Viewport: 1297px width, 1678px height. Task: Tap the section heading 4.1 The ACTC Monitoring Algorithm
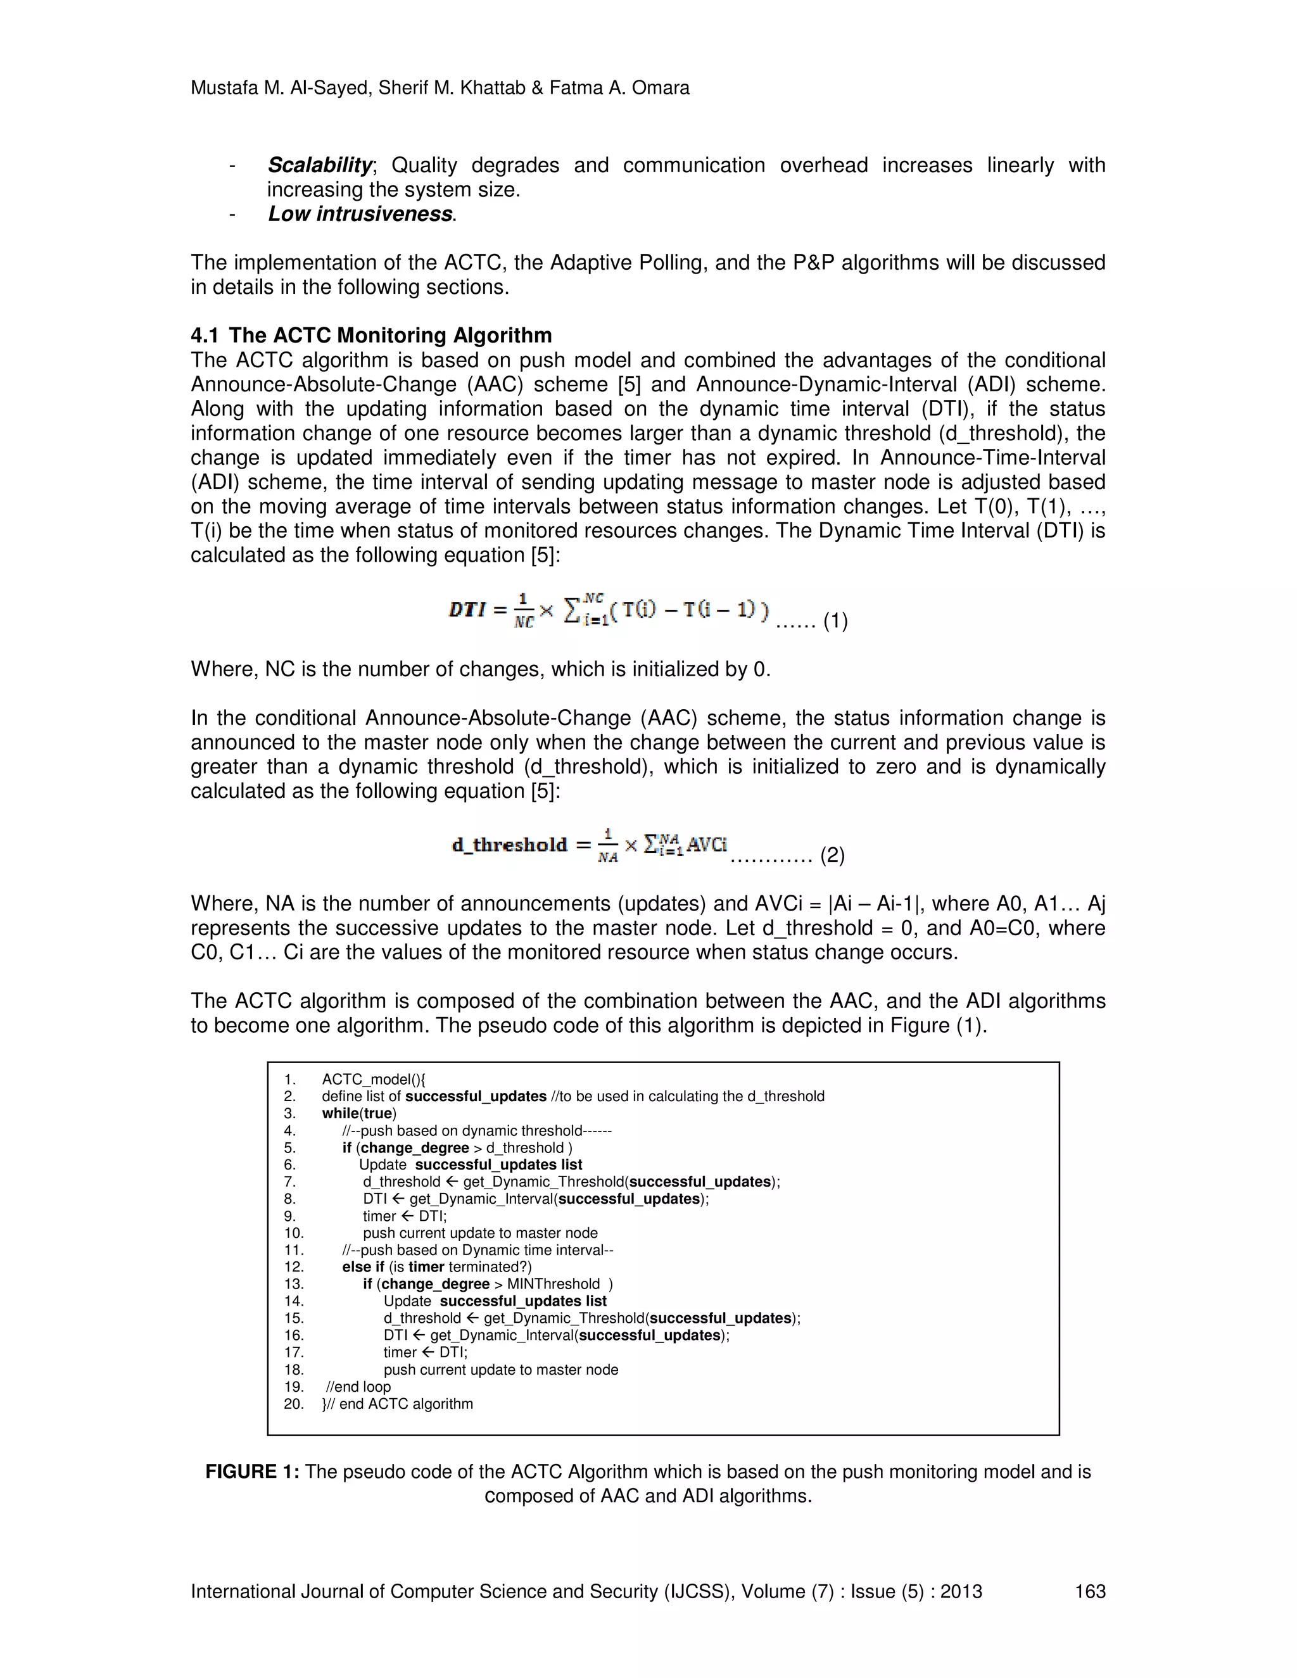[371, 335]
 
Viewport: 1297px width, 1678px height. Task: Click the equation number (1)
[835, 621]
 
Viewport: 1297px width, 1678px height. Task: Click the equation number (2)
[832, 855]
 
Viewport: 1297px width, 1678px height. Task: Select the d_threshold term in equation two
[509, 845]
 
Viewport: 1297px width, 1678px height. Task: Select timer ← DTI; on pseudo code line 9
[404, 1216]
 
